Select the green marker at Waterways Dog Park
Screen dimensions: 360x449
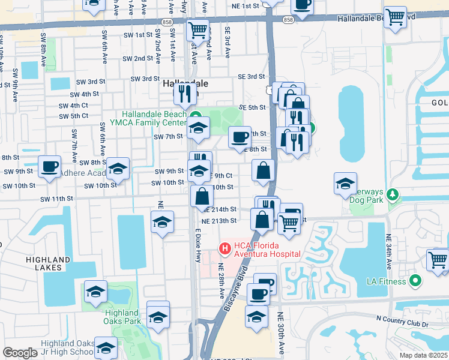click(393, 194)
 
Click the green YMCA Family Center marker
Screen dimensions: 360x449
click(195, 116)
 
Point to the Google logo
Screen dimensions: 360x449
click(20, 353)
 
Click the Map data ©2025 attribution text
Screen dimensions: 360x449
click(415, 355)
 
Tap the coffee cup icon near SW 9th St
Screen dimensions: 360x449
click(49, 166)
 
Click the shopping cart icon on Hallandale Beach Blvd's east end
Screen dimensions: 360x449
click(395, 17)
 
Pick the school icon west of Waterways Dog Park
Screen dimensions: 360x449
click(346, 184)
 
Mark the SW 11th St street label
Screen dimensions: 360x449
click(56, 199)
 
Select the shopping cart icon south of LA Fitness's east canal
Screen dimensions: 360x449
click(438, 260)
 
